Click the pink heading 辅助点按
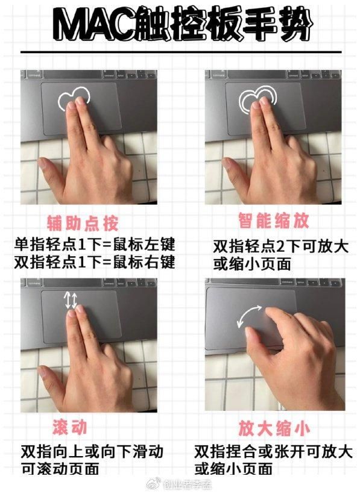click(x=83, y=224)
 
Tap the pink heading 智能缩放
click(x=273, y=220)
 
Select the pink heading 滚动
click(x=70, y=428)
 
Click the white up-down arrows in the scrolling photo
click(x=71, y=300)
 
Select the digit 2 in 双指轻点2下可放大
click(x=280, y=246)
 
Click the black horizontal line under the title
click(x=181, y=52)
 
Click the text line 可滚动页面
click(x=60, y=469)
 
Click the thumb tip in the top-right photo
click(x=226, y=162)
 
